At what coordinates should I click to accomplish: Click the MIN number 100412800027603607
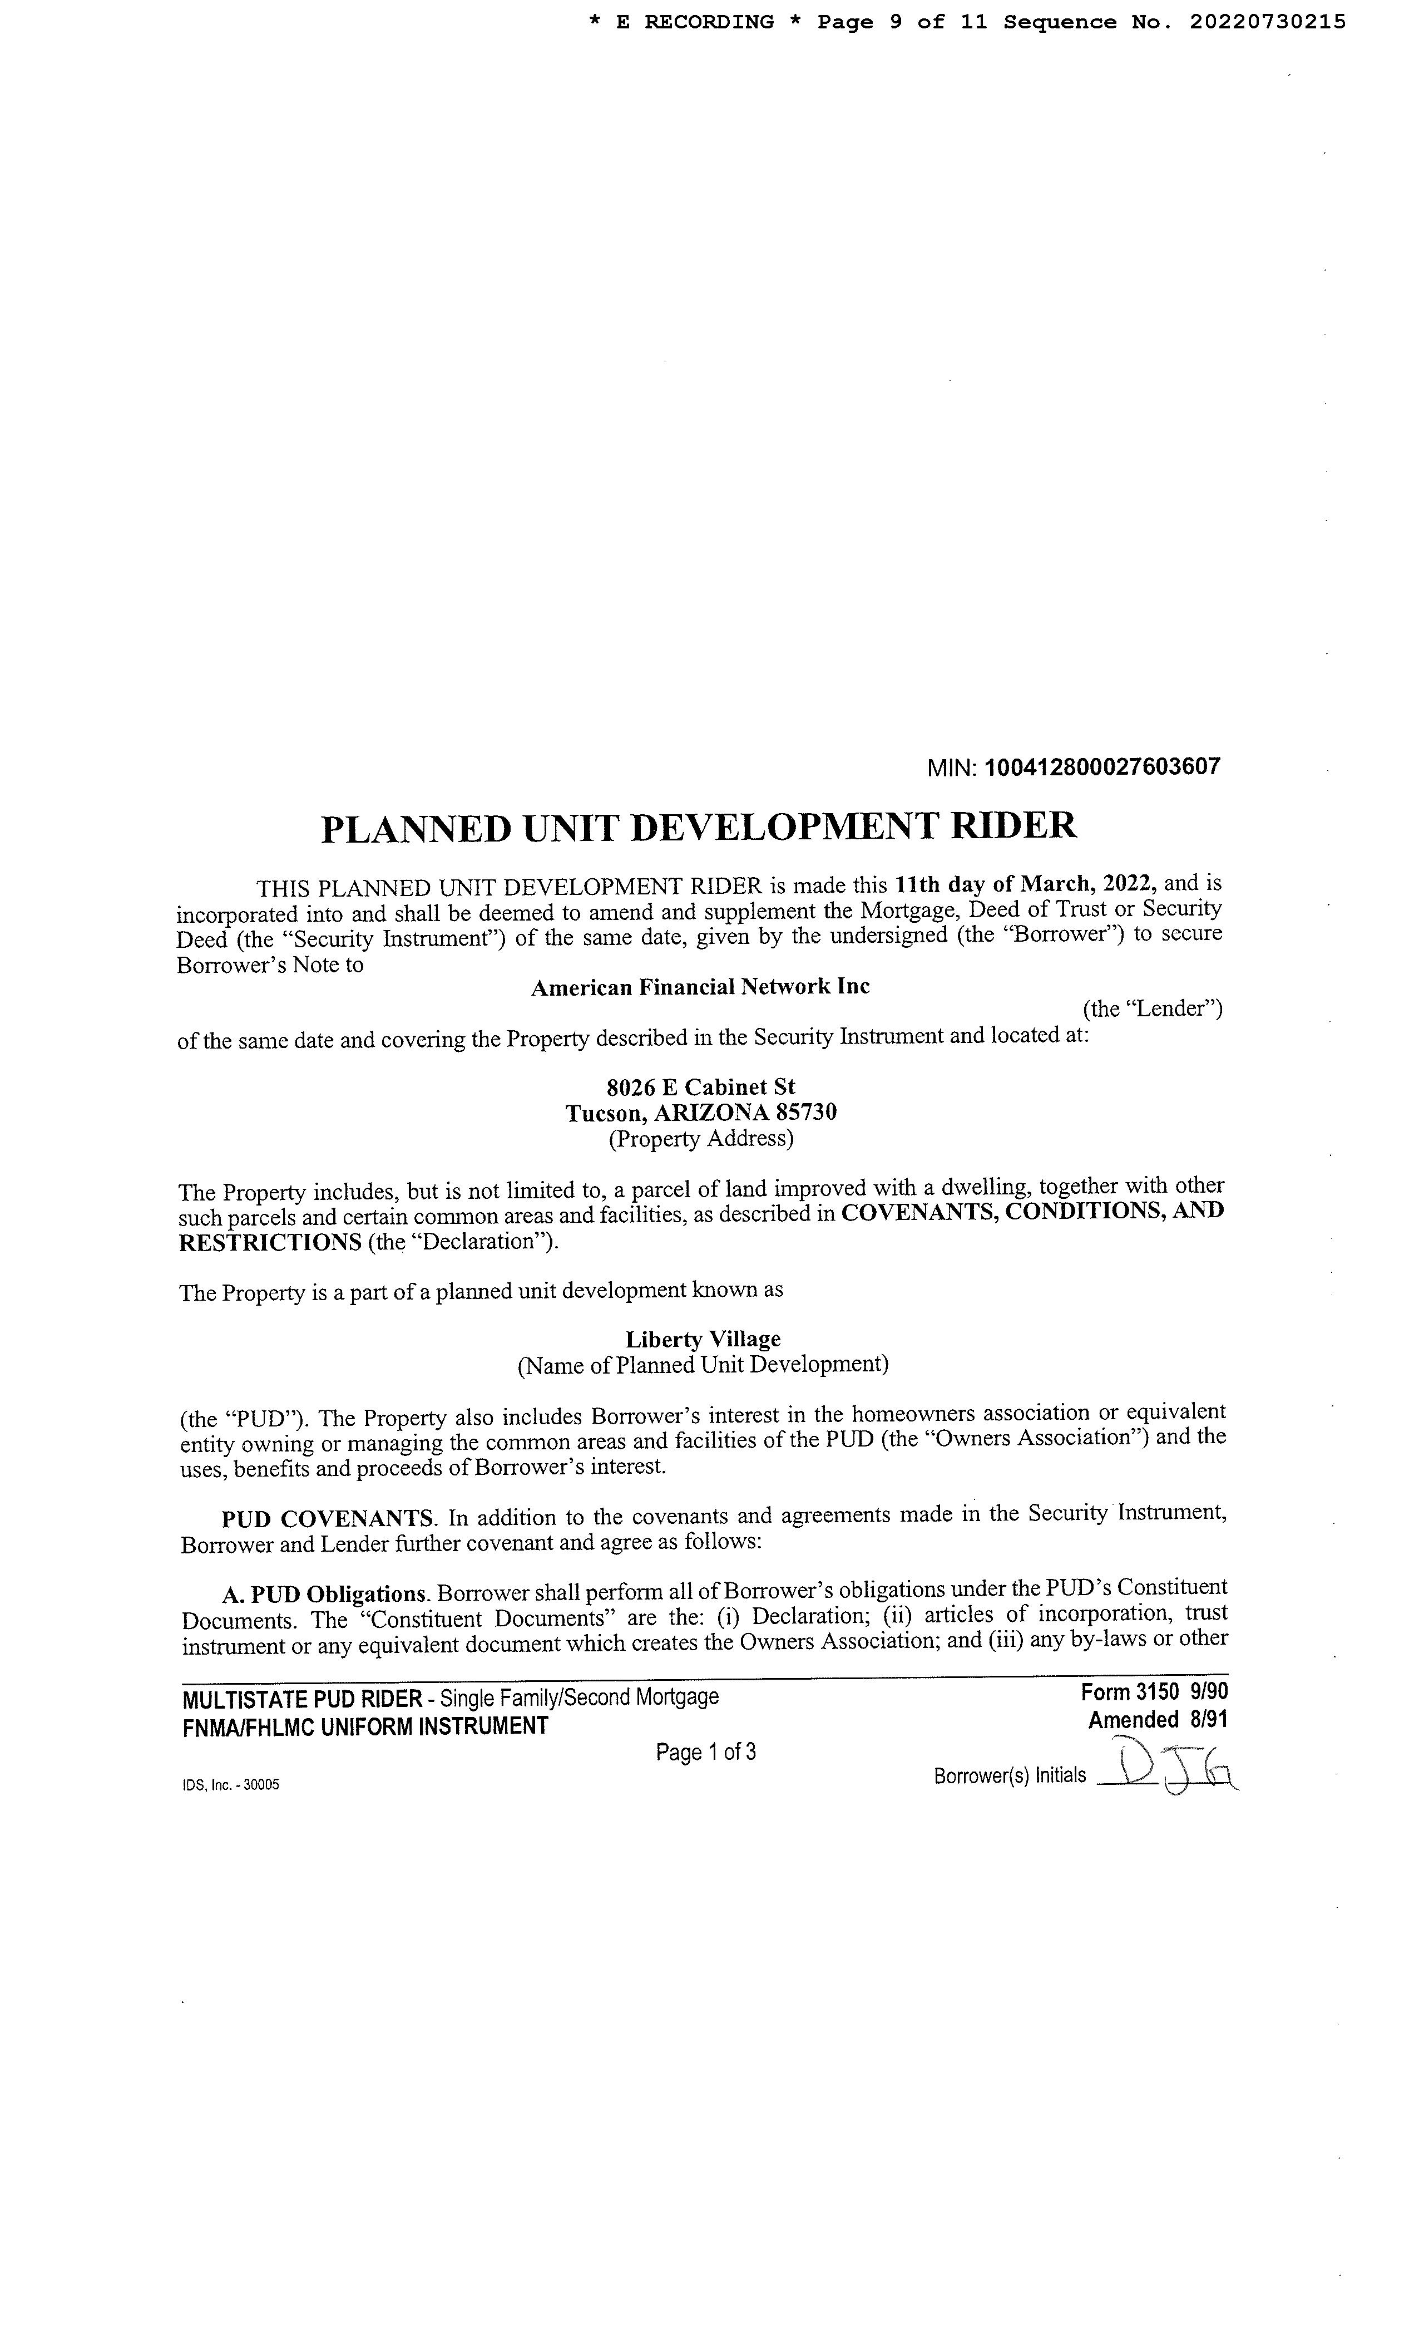tap(1102, 767)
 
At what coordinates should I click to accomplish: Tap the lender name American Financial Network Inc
tap(700, 987)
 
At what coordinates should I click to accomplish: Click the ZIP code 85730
tap(807, 1112)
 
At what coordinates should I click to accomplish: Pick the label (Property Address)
tap(701, 1138)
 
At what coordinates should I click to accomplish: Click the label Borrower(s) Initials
tap(1010, 1775)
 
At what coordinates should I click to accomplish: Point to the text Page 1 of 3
tap(706, 1751)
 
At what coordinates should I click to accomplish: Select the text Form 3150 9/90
tap(1154, 1692)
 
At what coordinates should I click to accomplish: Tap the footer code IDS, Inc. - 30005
tap(231, 1785)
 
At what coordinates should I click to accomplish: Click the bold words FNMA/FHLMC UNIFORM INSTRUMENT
tap(365, 1726)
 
